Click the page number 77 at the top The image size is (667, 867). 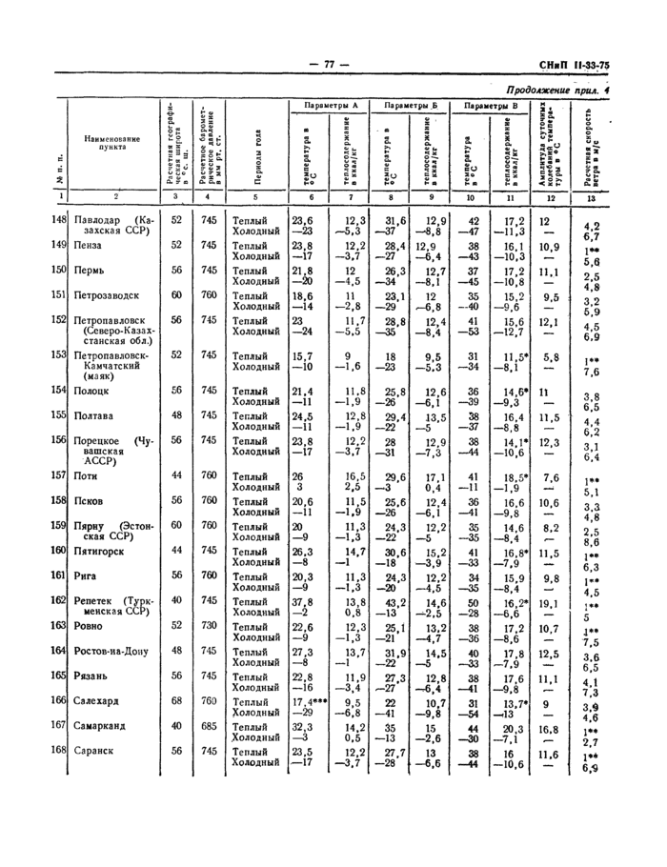coord(332,65)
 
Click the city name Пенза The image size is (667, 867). coord(92,245)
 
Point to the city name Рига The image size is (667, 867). coord(90,575)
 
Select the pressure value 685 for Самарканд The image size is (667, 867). coord(208,725)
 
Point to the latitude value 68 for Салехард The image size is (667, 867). coord(175,700)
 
